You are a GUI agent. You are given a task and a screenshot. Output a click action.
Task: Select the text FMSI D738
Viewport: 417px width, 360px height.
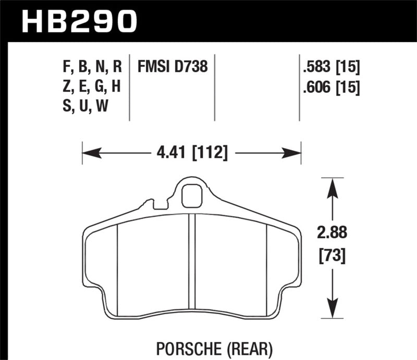point(173,67)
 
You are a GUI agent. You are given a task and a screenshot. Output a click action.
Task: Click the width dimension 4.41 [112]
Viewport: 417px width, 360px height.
point(191,153)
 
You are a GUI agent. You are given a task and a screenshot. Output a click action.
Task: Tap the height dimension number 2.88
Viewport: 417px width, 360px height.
point(332,233)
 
